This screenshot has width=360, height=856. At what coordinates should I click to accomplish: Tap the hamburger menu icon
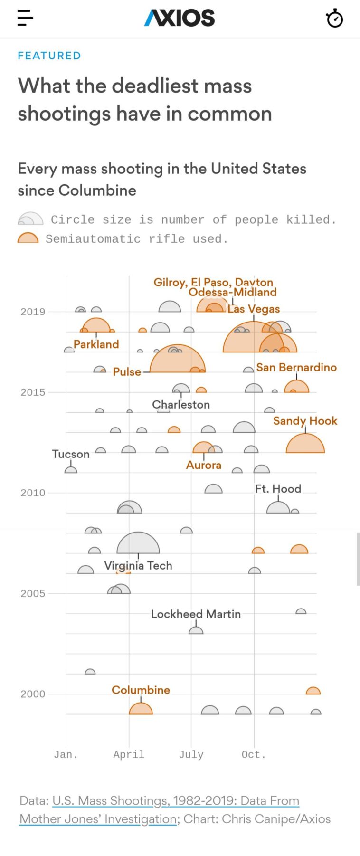tap(25, 18)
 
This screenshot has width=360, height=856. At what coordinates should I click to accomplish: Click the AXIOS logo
tap(180, 18)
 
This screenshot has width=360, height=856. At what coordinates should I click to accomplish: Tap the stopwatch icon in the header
tap(334, 19)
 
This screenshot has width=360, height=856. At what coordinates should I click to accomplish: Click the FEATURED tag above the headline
tap(49, 56)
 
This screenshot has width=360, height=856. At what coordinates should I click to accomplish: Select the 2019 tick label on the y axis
tap(33, 312)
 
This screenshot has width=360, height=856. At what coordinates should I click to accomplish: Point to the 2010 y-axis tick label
tap(33, 493)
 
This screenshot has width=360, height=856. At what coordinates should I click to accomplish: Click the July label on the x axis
tap(191, 754)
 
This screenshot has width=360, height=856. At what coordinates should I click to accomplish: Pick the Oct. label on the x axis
tap(254, 754)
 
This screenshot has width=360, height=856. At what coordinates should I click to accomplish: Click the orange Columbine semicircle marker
tap(141, 709)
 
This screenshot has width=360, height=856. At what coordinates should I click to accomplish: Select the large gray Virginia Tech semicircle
tap(138, 544)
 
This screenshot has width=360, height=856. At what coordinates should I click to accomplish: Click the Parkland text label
tap(96, 344)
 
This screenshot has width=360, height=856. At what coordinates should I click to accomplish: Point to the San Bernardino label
tap(296, 367)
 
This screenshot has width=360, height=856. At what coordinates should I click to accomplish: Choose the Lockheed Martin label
tap(196, 614)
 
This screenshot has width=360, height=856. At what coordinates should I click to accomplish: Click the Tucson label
tap(71, 454)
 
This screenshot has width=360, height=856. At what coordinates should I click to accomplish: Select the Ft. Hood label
tap(278, 489)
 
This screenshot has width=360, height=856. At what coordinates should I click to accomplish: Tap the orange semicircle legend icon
tap(28, 238)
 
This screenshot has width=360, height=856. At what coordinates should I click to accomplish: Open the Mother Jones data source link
tap(159, 809)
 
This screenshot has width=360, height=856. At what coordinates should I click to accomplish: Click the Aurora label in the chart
tap(204, 465)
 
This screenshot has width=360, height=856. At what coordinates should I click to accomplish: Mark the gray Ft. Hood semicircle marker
tap(278, 508)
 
